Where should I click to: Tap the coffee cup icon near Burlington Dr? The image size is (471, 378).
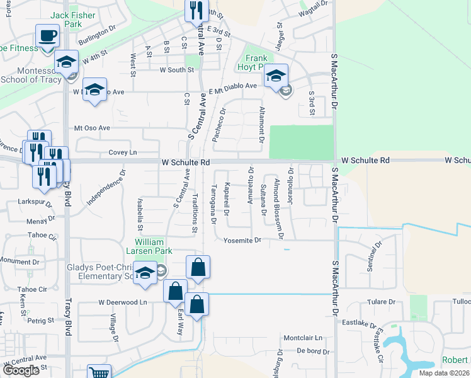click(x=47, y=35)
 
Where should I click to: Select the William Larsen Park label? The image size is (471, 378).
click(x=149, y=246)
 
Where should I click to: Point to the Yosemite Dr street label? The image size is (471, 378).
click(x=242, y=241)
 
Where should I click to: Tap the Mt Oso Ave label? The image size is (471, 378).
click(x=92, y=128)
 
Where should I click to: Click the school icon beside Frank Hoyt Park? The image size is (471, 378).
click(x=276, y=76)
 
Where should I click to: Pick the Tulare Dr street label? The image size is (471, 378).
click(x=381, y=302)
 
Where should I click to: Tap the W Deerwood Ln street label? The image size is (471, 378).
click(x=122, y=302)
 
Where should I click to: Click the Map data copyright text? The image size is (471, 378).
click(x=443, y=373)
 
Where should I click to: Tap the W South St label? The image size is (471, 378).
click(x=177, y=70)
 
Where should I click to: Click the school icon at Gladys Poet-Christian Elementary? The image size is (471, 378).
click(x=145, y=272)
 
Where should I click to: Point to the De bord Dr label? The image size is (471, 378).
click(x=310, y=350)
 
